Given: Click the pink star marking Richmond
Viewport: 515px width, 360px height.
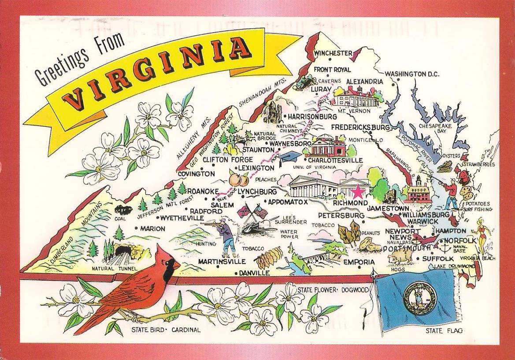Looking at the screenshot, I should (x=357, y=193).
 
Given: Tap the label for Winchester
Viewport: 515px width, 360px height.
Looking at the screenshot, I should (x=333, y=53).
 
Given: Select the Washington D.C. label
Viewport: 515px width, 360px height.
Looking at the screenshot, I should (x=412, y=74).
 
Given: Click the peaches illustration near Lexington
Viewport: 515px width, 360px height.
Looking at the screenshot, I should (x=238, y=180).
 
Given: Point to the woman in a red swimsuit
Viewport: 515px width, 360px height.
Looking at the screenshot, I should (x=482, y=234).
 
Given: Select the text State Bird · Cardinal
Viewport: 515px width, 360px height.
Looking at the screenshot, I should (x=165, y=330).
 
